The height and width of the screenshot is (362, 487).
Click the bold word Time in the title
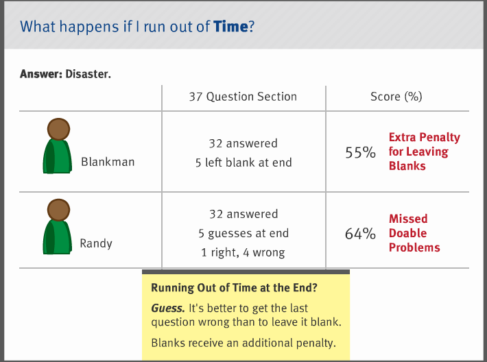(x=230, y=26)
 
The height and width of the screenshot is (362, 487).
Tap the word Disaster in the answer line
(x=88, y=74)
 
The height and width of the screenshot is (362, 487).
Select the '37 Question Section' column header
(x=243, y=97)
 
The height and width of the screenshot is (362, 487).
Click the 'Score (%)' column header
(x=396, y=97)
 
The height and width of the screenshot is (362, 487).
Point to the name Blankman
(x=108, y=162)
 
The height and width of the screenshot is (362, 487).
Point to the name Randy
(x=96, y=243)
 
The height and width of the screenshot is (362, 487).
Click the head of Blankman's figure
(x=58, y=129)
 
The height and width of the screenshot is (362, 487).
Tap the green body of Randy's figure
(x=58, y=237)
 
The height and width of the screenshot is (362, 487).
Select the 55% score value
(x=360, y=152)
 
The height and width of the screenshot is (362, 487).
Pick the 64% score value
(x=360, y=234)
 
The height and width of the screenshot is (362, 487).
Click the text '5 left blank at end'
(x=243, y=162)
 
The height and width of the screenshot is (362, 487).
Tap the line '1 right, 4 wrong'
(x=243, y=252)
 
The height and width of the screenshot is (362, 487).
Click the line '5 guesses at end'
(x=243, y=233)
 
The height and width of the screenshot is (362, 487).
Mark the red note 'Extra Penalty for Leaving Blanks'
(x=425, y=152)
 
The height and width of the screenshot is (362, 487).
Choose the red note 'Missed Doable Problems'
(x=414, y=233)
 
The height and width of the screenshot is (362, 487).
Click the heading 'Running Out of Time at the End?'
(x=234, y=288)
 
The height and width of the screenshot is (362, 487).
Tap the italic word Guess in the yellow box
(x=168, y=309)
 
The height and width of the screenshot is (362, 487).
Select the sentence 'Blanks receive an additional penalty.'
(x=243, y=343)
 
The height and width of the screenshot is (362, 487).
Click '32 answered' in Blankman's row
(x=243, y=143)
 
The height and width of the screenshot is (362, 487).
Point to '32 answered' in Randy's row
(x=243, y=214)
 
